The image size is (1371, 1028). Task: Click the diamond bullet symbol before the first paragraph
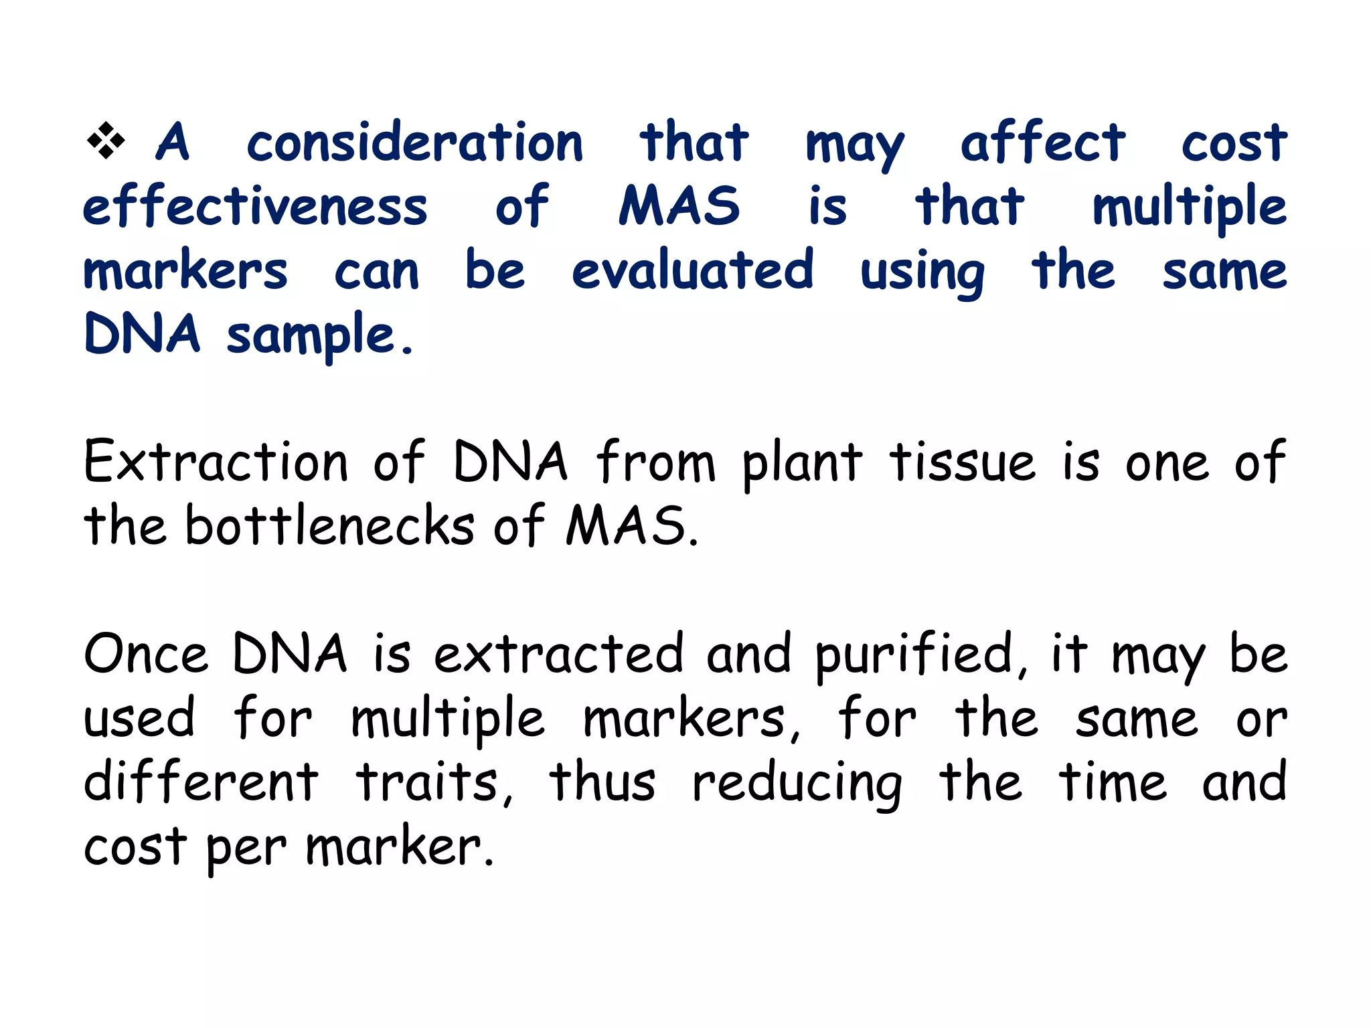click(x=106, y=141)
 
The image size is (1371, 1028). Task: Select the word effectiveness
click(x=255, y=206)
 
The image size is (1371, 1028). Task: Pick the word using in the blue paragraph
click(x=922, y=272)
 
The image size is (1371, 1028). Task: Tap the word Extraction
click(x=216, y=462)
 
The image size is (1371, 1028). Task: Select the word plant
click(x=802, y=463)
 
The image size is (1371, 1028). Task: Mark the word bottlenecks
click(x=329, y=525)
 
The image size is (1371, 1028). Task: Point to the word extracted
click(x=559, y=654)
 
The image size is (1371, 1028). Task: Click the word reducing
click(x=797, y=784)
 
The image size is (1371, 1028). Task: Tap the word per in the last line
click(x=246, y=849)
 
